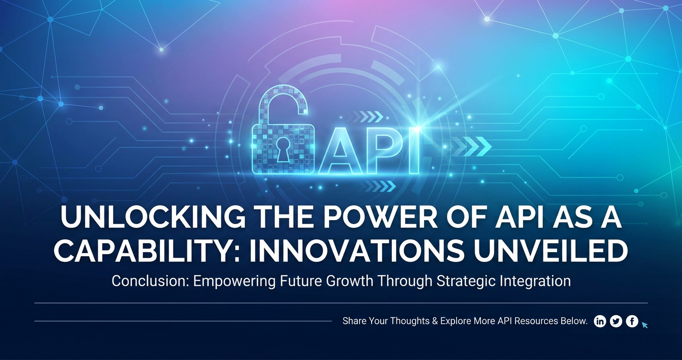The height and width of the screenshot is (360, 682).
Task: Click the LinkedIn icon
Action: [x=600, y=321]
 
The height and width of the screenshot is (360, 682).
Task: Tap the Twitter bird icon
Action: [x=616, y=321]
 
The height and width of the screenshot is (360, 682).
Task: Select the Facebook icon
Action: [x=632, y=321]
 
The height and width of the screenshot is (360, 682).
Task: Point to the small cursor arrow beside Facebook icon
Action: [x=645, y=326]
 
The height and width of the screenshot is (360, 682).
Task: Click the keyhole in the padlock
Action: [x=284, y=149]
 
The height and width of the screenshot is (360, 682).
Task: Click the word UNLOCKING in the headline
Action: [x=153, y=218]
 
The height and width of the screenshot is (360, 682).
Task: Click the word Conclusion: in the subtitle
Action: [x=151, y=281]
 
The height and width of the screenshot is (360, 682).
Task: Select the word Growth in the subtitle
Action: [x=350, y=281]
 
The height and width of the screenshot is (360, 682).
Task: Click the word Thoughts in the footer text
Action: [x=410, y=321]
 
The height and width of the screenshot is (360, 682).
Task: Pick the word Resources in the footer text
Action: [x=535, y=321]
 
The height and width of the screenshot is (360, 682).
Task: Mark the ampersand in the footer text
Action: [x=435, y=321]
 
